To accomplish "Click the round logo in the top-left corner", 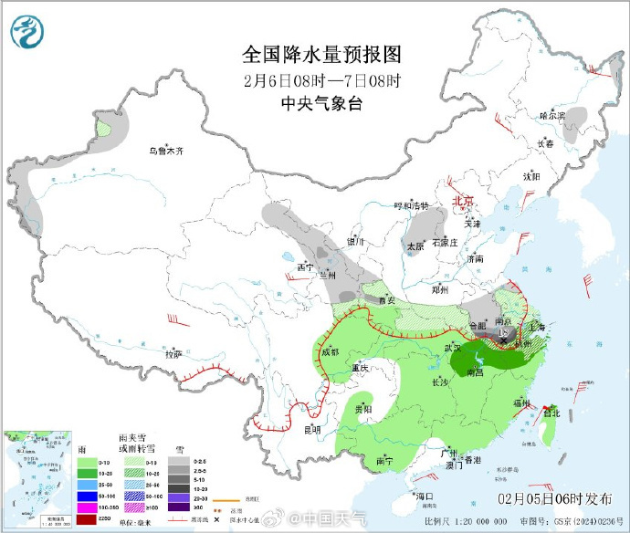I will point(28,34).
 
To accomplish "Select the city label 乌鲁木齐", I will point(167,151).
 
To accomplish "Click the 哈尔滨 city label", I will point(551,116).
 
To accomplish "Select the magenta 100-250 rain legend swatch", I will point(80,507).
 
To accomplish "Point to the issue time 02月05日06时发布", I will point(550,498).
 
